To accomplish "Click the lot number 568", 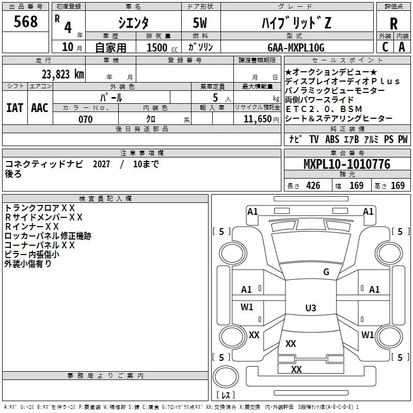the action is [26, 22].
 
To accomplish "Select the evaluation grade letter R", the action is [393, 23].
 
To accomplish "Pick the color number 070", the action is [85, 119].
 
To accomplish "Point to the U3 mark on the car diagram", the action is [310, 308].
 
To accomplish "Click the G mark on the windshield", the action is [326, 272].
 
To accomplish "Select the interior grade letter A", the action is [402, 47].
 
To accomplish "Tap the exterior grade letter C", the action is [385, 47].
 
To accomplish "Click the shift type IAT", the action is [14, 107].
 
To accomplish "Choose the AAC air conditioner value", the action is [40, 107].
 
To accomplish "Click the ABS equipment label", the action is [332, 139].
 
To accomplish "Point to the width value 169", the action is [357, 186].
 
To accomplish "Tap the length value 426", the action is [313, 186].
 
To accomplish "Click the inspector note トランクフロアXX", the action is [40, 208].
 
